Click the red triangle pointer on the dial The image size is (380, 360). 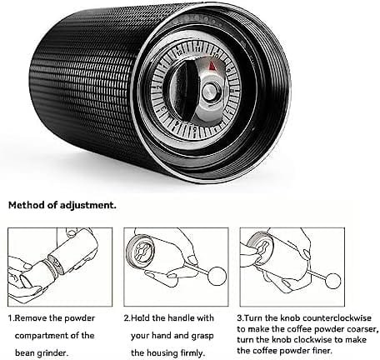point(212,66)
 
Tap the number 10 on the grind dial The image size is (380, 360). point(215,56)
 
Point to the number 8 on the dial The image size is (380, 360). point(232,90)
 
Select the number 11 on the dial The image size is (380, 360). point(197,49)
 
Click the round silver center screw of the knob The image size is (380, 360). point(209,91)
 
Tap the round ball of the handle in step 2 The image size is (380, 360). point(217,276)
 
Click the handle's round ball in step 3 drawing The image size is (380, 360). point(332,280)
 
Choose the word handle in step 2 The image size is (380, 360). point(181,317)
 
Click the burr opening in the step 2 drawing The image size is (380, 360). point(143,251)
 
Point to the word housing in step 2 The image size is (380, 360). point(162,353)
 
